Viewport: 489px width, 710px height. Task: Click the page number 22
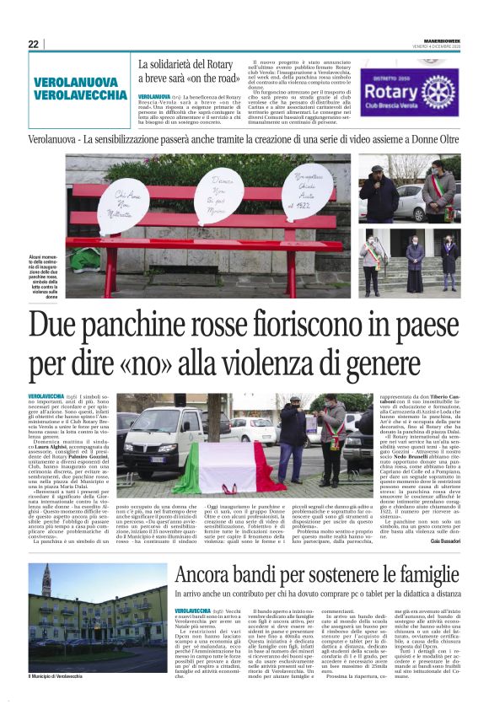(x=33, y=45)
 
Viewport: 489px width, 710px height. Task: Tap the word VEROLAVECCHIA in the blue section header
(x=81, y=94)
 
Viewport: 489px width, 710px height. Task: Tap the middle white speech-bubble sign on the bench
(x=217, y=195)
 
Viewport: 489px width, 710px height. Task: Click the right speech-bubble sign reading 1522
(x=306, y=191)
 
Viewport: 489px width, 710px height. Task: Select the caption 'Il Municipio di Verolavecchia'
(x=60, y=675)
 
